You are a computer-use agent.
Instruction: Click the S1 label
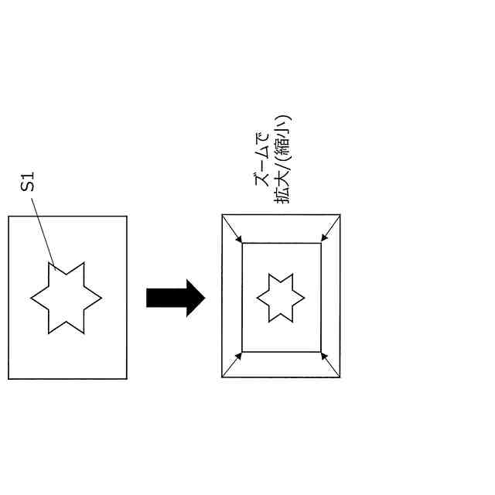[x=28, y=183]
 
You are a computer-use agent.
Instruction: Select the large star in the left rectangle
[x=66, y=298]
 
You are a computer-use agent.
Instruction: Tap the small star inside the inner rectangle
[x=280, y=298]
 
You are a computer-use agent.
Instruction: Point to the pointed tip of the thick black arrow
[x=204, y=298]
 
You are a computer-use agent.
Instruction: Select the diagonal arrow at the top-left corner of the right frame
[x=232, y=229]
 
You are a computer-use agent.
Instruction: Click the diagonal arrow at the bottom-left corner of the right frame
[x=232, y=364]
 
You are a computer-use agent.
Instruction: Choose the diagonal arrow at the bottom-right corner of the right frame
[x=330, y=364]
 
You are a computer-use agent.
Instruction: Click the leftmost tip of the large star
[x=32, y=298]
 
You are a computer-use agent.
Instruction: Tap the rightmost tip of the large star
[x=101, y=298]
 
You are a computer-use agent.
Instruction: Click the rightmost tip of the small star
[x=304, y=298]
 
